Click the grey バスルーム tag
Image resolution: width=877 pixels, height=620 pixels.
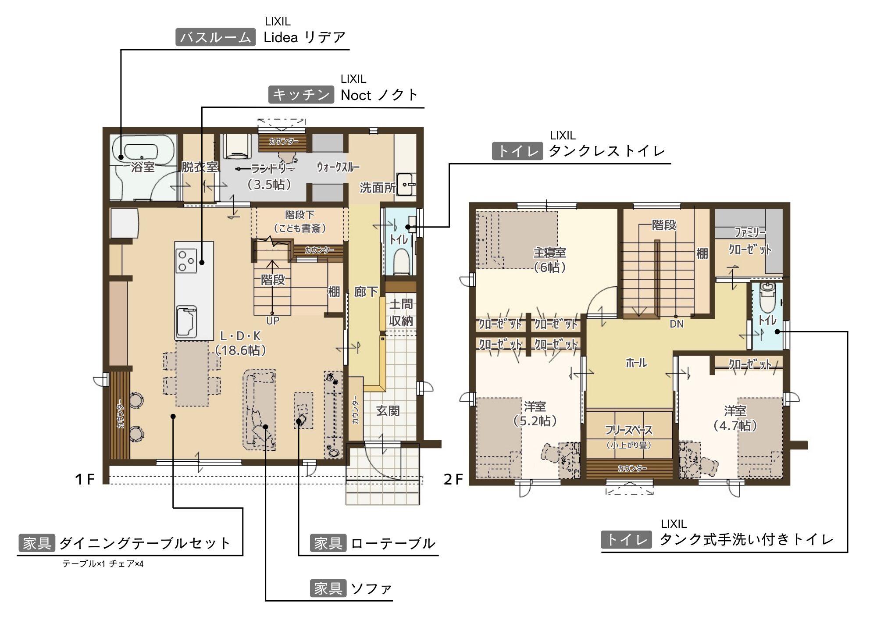tap(215, 37)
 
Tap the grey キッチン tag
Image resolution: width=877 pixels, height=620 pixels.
tap(301, 95)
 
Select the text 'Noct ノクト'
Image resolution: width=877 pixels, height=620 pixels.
tap(379, 95)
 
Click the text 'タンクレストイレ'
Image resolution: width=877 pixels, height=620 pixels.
tap(607, 151)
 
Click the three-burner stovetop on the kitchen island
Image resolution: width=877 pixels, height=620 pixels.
tap(186, 260)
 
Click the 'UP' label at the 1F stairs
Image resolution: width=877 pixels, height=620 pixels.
tap(273, 321)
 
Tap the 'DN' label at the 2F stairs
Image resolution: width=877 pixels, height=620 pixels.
tap(677, 324)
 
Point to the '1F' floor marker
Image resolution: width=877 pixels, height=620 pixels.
tap(85, 479)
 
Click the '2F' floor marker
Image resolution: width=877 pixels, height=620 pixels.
tap(453, 479)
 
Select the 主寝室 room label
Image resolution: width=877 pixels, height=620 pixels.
tap(550, 253)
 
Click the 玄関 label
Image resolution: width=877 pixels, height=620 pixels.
tap(388, 411)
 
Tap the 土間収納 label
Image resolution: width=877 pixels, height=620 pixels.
tap(401, 313)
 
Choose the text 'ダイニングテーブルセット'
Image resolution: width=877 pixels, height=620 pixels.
tap(145, 543)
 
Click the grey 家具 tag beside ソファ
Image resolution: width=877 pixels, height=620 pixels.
tap(328, 588)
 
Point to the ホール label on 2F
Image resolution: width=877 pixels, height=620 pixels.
tap(636, 363)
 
